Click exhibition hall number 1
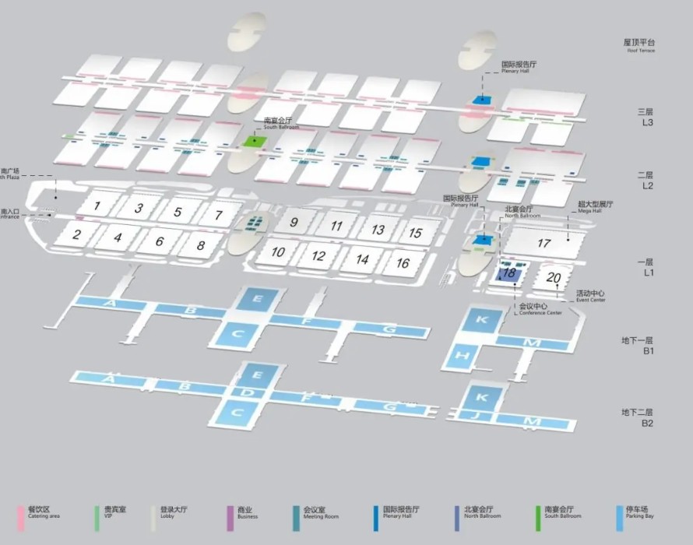pyautogui.click(x=97, y=206)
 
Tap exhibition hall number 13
pyautogui.click(x=378, y=230)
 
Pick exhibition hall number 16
pyautogui.click(x=403, y=263)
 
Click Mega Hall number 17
pyautogui.click(x=543, y=243)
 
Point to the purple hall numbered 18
pyautogui.click(x=509, y=273)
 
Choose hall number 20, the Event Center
pyautogui.click(x=555, y=277)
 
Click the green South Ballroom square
pyautogui.click(x=252, y=141)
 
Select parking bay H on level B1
pyautogui.click(x=463, y=355)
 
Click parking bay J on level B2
pyautogui.click(x=478, y=416)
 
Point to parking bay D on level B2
pyautogui.click(x=247, y=392)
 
